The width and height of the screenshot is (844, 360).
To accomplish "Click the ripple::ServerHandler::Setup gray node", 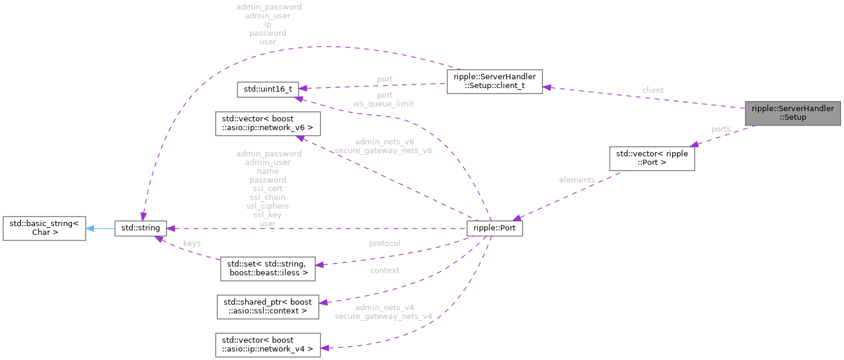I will click(x=792, y=112).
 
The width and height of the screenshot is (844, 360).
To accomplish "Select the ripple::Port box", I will click(x=495, y=228).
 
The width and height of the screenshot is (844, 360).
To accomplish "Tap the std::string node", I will click(x=140, y=228).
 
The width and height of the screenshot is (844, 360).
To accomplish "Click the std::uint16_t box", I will click(x=268, y=89).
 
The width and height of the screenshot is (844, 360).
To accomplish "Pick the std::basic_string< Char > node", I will click(x=44, y=228).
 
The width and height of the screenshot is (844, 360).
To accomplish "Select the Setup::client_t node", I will click(x=494, y=82).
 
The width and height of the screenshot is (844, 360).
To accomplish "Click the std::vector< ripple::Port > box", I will click(x=652, y=158).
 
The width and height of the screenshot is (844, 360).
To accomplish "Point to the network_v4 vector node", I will click(x=267, y=344).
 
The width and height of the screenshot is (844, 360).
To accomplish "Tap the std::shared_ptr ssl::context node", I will click(x=267, y=306).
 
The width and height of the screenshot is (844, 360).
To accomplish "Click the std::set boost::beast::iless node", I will click(x=267, y=269).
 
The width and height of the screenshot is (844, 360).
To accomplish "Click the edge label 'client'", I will click(x=652, y=90).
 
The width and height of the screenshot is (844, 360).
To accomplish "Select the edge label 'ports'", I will click(x=721, y=129).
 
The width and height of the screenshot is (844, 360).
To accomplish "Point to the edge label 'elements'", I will click(x=577, y=180).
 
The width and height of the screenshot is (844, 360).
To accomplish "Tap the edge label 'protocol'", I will click(x=384, y=243).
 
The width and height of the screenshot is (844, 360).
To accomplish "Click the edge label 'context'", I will click(x=384, y=270).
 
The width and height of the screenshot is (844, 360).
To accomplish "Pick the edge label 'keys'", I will click(x=192, y=243).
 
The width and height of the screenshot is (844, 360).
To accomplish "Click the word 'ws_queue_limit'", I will click(x=384, y=104).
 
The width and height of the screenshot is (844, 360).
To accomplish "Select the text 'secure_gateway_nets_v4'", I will click(x=383, y=317).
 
